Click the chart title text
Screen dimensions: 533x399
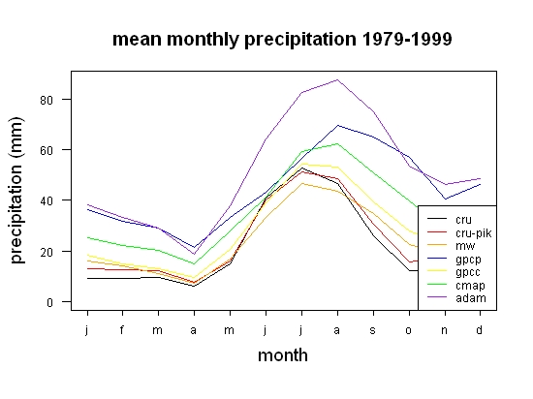click(282, 40)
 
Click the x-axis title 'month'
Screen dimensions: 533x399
click(283, 355)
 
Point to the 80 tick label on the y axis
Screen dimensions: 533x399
click(47, 100)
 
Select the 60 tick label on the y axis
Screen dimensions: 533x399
click(47, 150)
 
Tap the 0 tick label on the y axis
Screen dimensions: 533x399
click(49, 302)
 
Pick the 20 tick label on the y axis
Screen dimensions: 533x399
click(47, 252)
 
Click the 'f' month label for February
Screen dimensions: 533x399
click(122, 329)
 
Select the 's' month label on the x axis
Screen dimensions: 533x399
click(373, 330)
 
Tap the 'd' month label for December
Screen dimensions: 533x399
click(480, 329)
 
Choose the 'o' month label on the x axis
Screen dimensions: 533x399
click(409, 330)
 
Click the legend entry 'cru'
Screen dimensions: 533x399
click(463, 220)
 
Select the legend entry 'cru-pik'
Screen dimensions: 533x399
click(474, 233)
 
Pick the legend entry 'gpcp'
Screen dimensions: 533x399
click(468, 260)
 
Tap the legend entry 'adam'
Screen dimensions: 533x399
click(471, 298)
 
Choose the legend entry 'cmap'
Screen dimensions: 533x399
click(470, 286)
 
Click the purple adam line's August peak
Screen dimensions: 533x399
click(337, 79)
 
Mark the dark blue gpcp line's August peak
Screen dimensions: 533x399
click(337, 125)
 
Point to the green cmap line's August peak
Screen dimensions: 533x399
click(337, 143)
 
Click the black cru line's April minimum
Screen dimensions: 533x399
click(194, 286)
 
